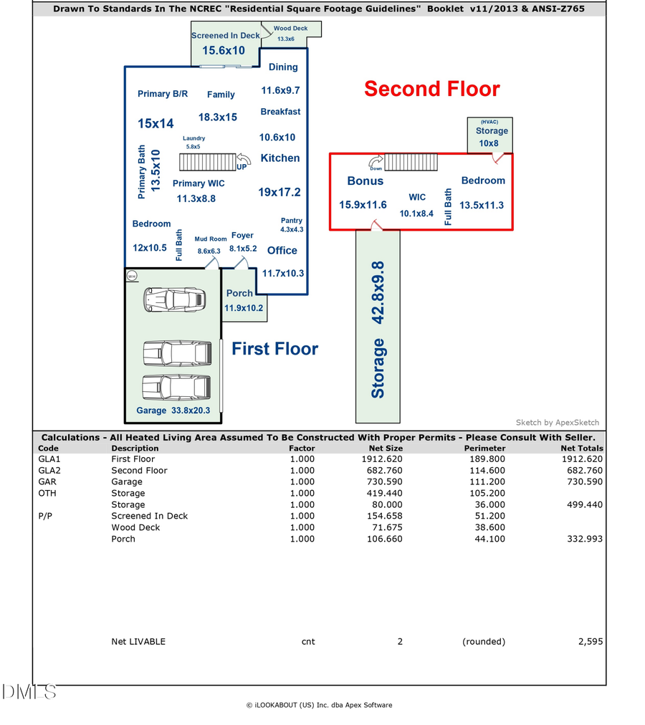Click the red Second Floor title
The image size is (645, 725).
[431, 89]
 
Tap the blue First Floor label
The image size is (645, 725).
[274, 349]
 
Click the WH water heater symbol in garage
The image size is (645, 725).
[131, 275]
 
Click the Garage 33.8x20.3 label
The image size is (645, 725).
[173, 410]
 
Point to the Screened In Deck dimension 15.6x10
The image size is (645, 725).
[223, 50]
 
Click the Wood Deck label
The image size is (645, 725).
[290, 29]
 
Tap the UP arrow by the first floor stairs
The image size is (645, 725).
[242, 162]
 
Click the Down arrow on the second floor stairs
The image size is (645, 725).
[376, 163]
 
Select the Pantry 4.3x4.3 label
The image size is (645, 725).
[292, 225]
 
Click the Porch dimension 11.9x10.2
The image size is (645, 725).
[244, 308]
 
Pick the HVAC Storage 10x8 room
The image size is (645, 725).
[491, 135]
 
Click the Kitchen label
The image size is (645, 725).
[279, 158]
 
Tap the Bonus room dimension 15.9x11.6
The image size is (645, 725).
[363, 206]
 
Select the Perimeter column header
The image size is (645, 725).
[484, 448]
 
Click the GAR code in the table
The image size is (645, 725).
[47, 482]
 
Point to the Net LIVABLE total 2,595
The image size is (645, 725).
[590, 641]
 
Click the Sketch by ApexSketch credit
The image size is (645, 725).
[557, 423]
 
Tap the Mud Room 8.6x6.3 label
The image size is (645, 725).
[210, 245]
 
